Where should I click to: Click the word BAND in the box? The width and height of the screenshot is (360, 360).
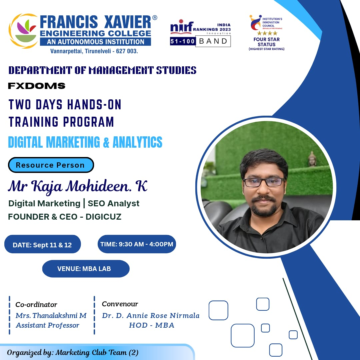click(x=213, y=41)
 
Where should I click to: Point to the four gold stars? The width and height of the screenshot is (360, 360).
click(x=267, y=33)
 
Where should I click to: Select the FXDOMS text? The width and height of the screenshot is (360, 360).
click(x=37, y=86)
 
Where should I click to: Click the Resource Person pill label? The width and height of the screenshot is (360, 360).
click(x=51, y=165)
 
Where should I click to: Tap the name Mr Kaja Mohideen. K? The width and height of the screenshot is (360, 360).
click(x=77, y=186)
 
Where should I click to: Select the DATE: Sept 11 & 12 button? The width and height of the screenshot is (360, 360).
click(x=42, y=245)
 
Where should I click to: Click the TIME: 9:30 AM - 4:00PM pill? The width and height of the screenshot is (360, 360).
click(x=137, y=244)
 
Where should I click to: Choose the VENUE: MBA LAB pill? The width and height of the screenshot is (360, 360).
click(x=85, y=269)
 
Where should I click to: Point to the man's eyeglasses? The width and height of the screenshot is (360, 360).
click(x=264, y=182)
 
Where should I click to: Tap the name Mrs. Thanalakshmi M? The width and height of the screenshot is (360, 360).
click(x=51, y=315)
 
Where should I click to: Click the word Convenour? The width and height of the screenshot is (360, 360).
click(x=120, y=304)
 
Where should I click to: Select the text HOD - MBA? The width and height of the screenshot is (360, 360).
click(x=152, y=325)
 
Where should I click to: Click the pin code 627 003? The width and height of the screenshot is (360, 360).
click(x=125, y=51)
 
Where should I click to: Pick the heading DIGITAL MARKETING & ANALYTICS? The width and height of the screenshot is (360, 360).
click(x=85, y=142)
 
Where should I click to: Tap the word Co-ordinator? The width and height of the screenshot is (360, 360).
click(x=36, y=305)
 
